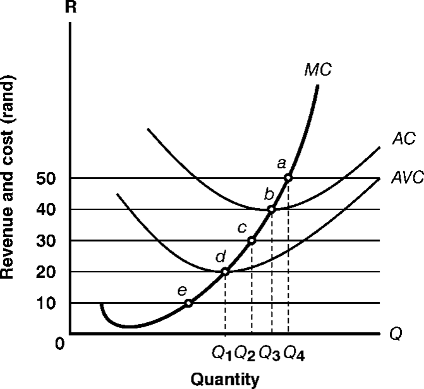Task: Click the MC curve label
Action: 317,69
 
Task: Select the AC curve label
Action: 403,139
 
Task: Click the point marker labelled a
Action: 288,178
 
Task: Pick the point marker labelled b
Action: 271,209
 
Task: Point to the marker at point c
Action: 251,240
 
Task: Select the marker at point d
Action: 225,272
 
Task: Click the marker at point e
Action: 188,303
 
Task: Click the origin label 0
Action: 59,344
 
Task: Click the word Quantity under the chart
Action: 225,380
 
